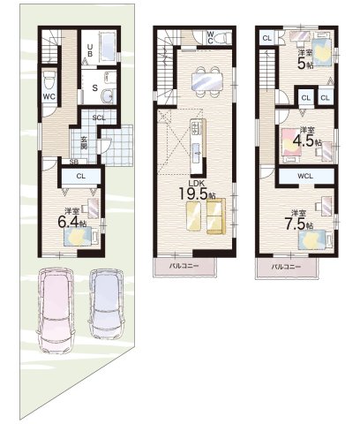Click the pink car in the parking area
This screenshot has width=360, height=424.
coord(56,310)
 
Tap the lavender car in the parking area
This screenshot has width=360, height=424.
coord(107,304)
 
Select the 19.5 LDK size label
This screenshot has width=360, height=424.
coord(197,193)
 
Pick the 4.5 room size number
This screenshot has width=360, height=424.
coord(304,141)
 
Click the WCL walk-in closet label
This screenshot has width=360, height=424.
coord(305,176)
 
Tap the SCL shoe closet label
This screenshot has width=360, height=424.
coord(99,117)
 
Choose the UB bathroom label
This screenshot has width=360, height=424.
coord(90,50)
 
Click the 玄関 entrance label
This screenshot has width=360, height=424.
coord(84,142)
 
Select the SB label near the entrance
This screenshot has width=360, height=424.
coord(74,162)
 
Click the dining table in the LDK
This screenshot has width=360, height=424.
coord(207,81)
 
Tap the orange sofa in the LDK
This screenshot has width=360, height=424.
coord(216,216)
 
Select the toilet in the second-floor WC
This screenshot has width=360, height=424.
coord(221,38)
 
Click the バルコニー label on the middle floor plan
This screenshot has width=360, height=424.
coord(184,266)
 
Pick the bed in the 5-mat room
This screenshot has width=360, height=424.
coord(322,53)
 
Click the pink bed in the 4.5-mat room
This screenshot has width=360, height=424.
coord(291,142)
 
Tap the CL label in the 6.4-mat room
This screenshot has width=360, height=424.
coord(81,176)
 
